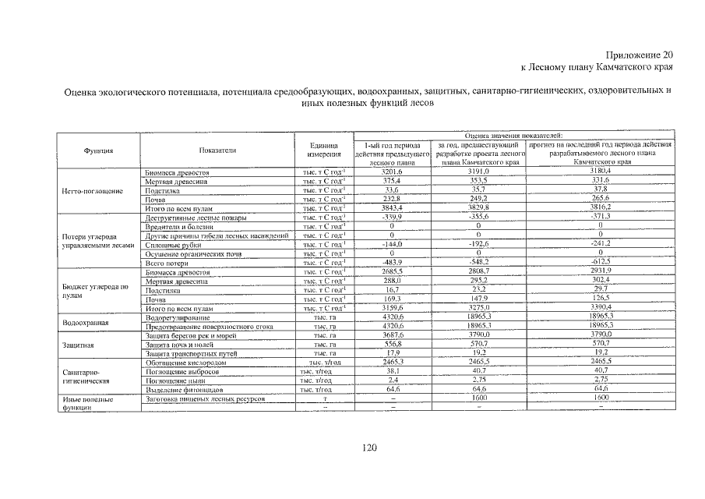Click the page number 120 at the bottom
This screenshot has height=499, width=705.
click(x=369, y=447)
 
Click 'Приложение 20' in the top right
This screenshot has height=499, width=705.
click(x=637, y=55)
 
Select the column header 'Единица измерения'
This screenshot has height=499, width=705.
click(x=323, y=150)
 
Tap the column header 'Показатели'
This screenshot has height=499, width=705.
click(x=217, y=150)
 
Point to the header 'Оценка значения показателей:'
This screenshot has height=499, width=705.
click(x=513, y=136)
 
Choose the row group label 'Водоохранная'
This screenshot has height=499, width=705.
click(x=86, y=322)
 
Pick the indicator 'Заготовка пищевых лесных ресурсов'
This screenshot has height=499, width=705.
click(x=206, y=398)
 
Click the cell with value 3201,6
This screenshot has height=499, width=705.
click(x=392, y=172)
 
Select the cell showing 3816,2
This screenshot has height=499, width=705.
click(x=600, y=208)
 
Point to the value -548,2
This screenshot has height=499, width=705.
click(x=478, y=263)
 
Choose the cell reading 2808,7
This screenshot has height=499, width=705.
click(x=478, y=272)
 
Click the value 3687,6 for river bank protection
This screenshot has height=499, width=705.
click(x=392, y=335)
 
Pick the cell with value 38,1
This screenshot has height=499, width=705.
click(x=392, y=371)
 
